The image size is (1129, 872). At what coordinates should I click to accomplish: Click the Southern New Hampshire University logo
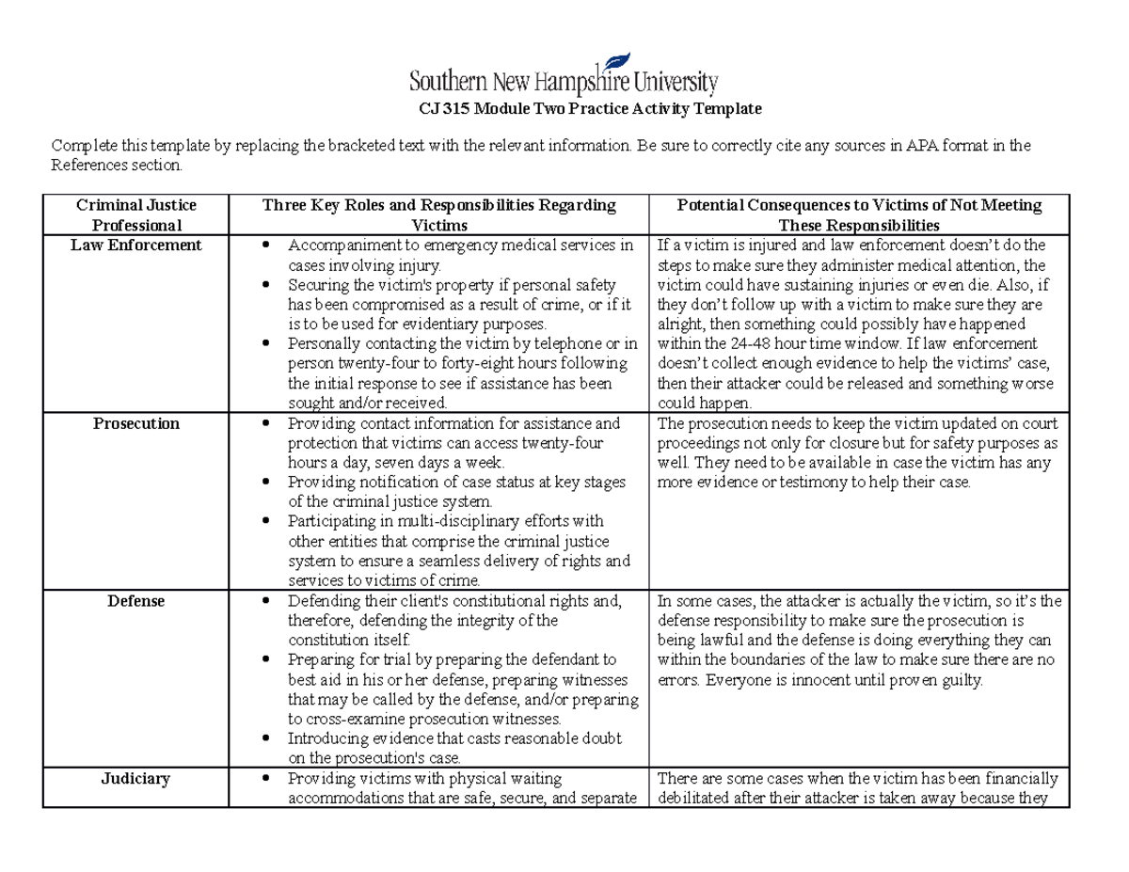[x=564, y=73]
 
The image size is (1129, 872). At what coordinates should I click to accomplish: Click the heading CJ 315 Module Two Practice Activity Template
[x=589, y=109]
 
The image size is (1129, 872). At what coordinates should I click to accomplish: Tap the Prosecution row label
[x=136, y=423]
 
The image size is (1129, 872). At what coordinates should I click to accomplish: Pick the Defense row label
[x=136, y=601]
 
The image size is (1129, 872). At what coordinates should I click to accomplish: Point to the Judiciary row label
[x=137, y=779]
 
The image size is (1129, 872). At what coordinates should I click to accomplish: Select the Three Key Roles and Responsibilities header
[x=439, y=215]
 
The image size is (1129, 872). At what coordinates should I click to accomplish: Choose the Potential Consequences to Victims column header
[x=860, y=215]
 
